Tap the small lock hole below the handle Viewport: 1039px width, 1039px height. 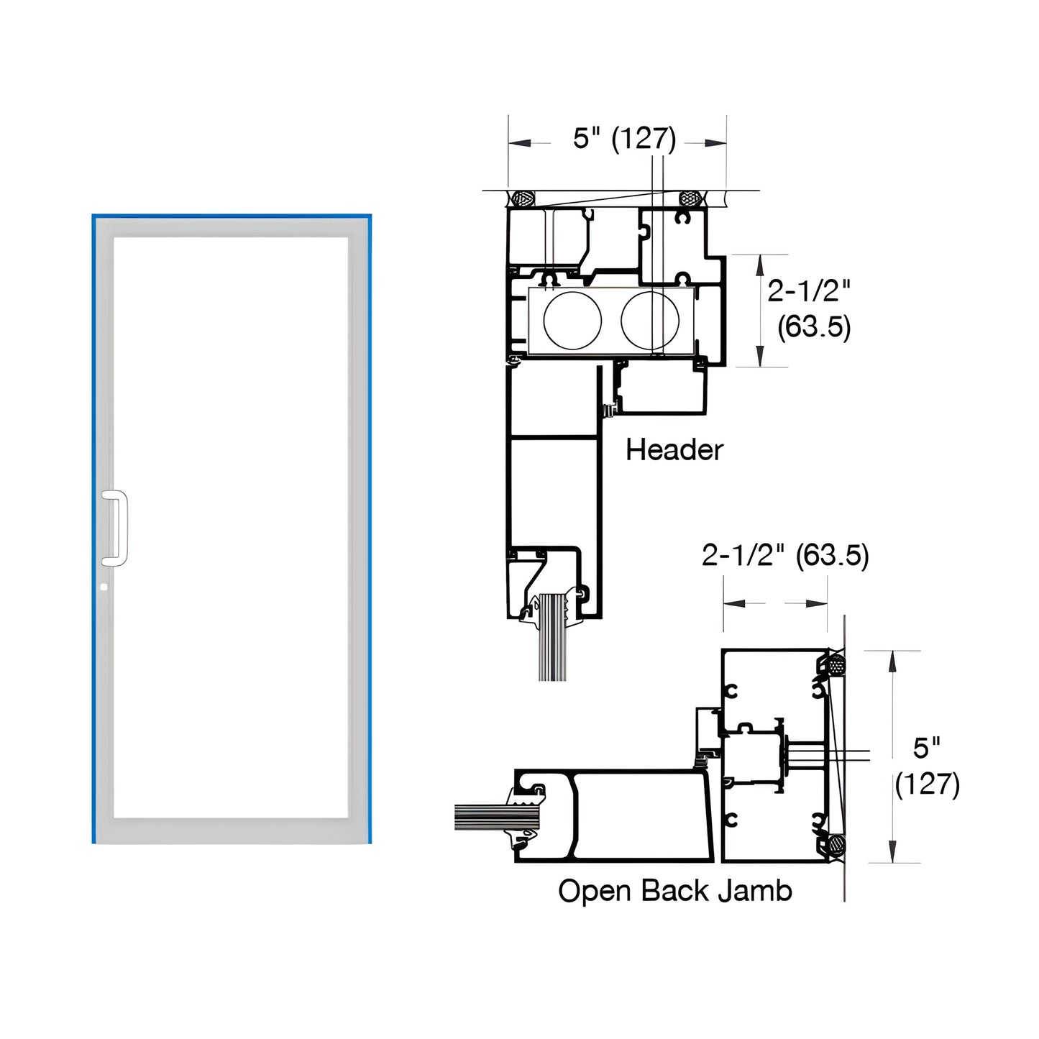(x=104, y=587)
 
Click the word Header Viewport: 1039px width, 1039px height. (x=674, y=450)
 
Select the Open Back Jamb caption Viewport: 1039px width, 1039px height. (x=674, y=891)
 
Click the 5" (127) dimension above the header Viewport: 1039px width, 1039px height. (x=624, y=138)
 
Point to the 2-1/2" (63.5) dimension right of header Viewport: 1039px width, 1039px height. (x=809, y=309)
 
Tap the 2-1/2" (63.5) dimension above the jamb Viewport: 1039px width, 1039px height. (x=785, y=555)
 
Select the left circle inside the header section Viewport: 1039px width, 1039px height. (x=572, y=321)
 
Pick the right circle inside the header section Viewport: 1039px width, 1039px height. (x=649, y=321)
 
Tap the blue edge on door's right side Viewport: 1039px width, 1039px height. (x=370, y=528)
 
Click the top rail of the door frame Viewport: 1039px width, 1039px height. (x=231, y=226)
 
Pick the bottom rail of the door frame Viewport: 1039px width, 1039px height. (x=231, y=830)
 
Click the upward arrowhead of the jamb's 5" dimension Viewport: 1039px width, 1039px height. (x=892, y=662)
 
